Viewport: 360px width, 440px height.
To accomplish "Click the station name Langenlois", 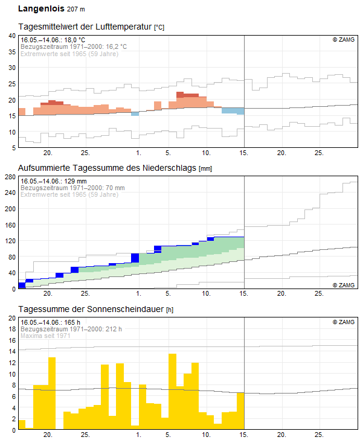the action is [x=41, y=8].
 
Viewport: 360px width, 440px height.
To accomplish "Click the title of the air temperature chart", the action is [x=91, y=27].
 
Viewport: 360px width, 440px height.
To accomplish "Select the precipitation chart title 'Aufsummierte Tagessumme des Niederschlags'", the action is [x=107, y=168].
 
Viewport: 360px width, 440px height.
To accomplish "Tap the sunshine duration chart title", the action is [x=91, y=309].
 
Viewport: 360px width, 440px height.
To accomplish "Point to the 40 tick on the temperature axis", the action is [x=12, y=36].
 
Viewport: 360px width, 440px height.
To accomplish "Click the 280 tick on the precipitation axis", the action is [x=10, y=177].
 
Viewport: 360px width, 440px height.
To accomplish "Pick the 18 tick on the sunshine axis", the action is [x=12, y=329].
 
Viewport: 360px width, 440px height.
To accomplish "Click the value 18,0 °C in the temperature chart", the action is [x=75, y=40].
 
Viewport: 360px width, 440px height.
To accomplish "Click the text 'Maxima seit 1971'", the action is [x=45, y=336].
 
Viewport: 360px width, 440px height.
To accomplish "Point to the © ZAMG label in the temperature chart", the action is [x=344, y=40].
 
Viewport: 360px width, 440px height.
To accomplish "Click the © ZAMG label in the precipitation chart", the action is [x=344, y=285].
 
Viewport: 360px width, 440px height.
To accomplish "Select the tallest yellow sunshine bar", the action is [x=172, y=392].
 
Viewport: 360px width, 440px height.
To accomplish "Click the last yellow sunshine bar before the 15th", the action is [x=240, y=411].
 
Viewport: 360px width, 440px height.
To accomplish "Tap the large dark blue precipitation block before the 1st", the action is [x=135, y=258].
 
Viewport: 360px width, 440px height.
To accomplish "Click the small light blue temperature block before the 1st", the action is [x=135, y=114].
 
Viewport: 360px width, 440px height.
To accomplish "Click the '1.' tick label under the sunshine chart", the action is [x=139, y=435].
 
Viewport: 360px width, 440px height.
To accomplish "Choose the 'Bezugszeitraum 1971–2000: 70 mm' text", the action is [x=72, y=188].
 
